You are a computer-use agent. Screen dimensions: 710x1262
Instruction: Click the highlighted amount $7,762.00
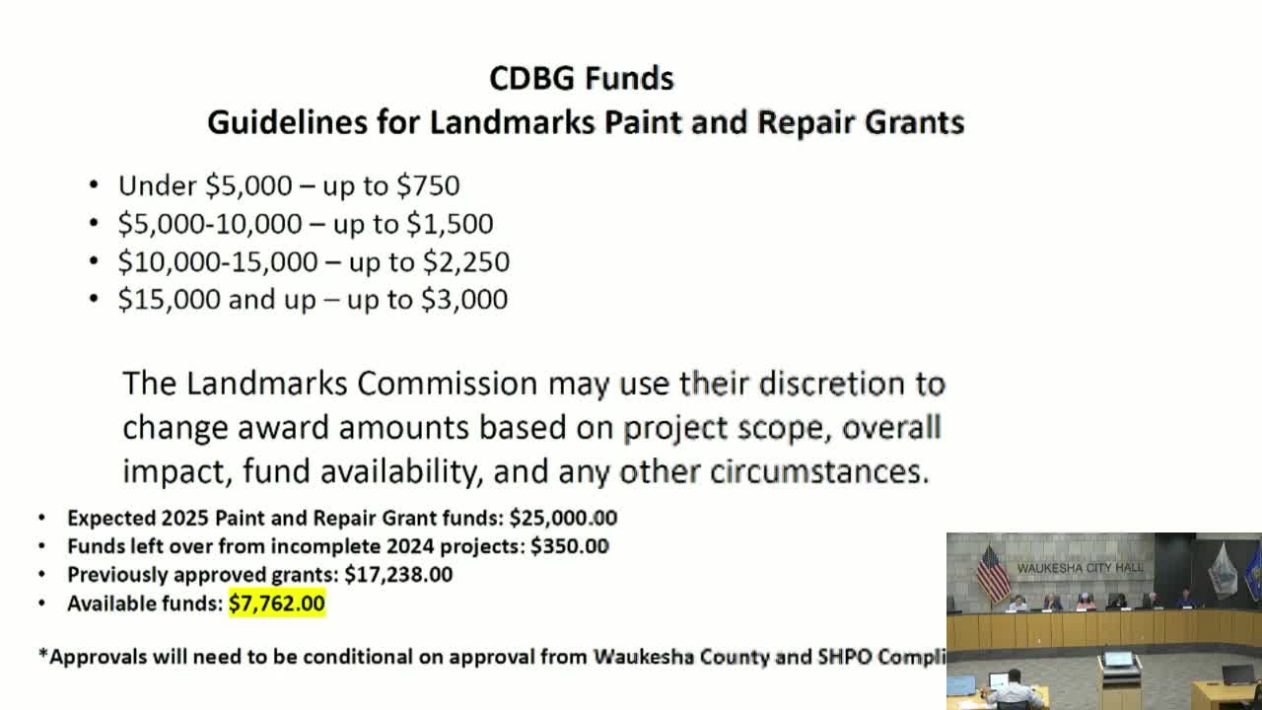(277, 603)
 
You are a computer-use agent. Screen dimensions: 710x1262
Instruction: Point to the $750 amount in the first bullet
(428, 185)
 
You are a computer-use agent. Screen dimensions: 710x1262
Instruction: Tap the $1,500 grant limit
(451, 224)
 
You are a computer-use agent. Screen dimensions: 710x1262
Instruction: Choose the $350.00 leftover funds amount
(570, 546)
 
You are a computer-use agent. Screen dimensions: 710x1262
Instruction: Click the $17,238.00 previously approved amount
(398, 574)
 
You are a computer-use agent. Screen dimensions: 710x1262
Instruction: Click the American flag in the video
(992, 573)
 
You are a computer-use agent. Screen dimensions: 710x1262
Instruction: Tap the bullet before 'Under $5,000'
(94, 185)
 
